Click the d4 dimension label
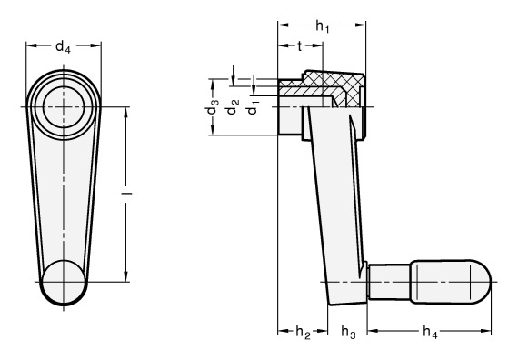tap(63, 47)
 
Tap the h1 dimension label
tap(323, 26)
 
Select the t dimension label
tap(300, 46)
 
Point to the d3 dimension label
tap(213, 106)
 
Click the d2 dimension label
tap(234, 106)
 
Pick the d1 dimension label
tap(254, 106)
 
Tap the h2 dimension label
tap(303, 332)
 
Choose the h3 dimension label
tap(348, 332)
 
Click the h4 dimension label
tap(430, 332)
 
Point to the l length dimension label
tap(126, 193)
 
